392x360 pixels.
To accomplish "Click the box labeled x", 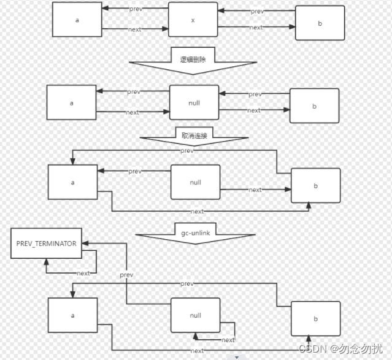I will click(x=193, y=20).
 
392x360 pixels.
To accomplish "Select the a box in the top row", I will click(x=77, y=20).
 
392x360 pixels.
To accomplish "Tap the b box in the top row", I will click(x=320, y=23).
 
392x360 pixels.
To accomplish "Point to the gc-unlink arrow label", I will click(x=195, y=234).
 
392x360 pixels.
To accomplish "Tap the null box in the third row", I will click(x=196, y=182).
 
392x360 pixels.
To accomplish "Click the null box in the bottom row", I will click(x=195, y=315).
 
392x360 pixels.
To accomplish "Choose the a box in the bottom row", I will click(x=72, y=315).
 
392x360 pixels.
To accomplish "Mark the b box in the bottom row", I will click(x=315, y=320).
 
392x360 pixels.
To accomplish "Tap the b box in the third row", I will click(x=315, y=185).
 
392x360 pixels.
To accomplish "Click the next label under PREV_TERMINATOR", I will click(x=83, y=273).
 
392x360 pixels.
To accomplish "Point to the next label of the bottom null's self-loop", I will click(x=228, y=340).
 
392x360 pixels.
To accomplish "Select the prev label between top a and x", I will click(x=136, y=9).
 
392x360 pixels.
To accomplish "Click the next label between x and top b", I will click(x=256, y=28).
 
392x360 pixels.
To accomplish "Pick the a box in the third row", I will click(x=72, y=182).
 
